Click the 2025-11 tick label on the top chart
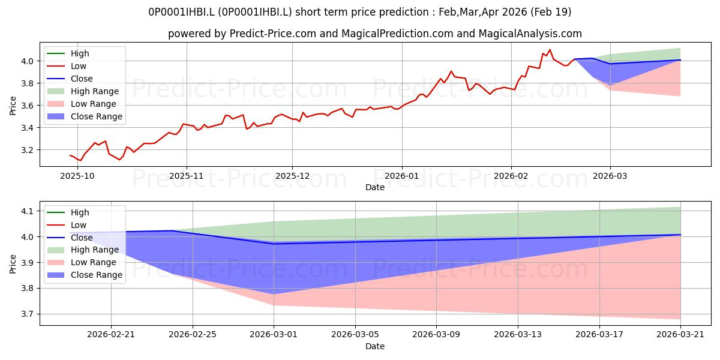tap(187, 176)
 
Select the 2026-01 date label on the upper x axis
tap(402, 176)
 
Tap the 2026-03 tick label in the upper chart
tap(610, 176)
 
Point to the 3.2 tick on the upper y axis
tap(27, 150)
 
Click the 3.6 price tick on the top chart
tap(27, 106)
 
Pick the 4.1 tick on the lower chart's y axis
tap(27, 211)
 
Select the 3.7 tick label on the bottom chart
tap(27, 314)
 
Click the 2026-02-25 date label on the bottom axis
tap(193, 335)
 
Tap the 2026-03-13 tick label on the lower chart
tap(518, 335)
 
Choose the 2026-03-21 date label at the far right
tap(680, 335)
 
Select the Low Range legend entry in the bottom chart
tap(82, 262)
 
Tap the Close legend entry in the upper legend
tap(70, 79)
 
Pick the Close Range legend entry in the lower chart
tap(85, 275)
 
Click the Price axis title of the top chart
tap(13, 106)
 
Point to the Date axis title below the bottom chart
tap(375, 346)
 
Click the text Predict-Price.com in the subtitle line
tap(273, 34)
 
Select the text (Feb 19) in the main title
tap(551, 12)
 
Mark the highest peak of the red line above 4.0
tap(550, 49)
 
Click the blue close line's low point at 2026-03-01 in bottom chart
tap(274, 244)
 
